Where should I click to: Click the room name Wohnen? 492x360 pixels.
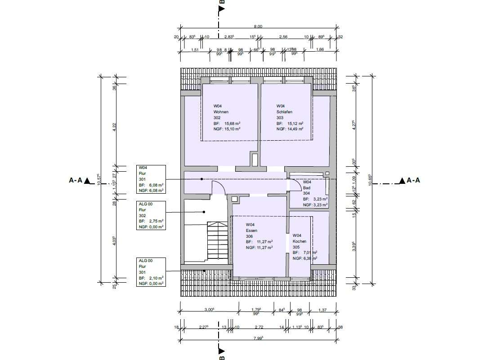pyautogui.click(x=221, y=111)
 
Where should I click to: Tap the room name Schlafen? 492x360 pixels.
pyautogui.click(x=285, y=111)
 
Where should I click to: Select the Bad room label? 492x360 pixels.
pyautogui.click(x=307, y=187)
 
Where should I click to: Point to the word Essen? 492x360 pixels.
pyautogui.click(x=251, y=230)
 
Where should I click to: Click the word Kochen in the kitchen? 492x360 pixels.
pyautogui.click(x=299, y=241)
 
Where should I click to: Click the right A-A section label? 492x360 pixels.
pyautogui.click(x=410, y=181)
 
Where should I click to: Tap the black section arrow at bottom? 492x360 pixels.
pyautogui.click(x=221, y=351)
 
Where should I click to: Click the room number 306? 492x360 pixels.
pyautogui.click(x=250, y=236)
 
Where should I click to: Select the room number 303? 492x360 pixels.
pyautogui.click(x=280, y=117)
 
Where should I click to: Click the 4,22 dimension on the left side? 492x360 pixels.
pyautogui.click(x=114, y=126)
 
